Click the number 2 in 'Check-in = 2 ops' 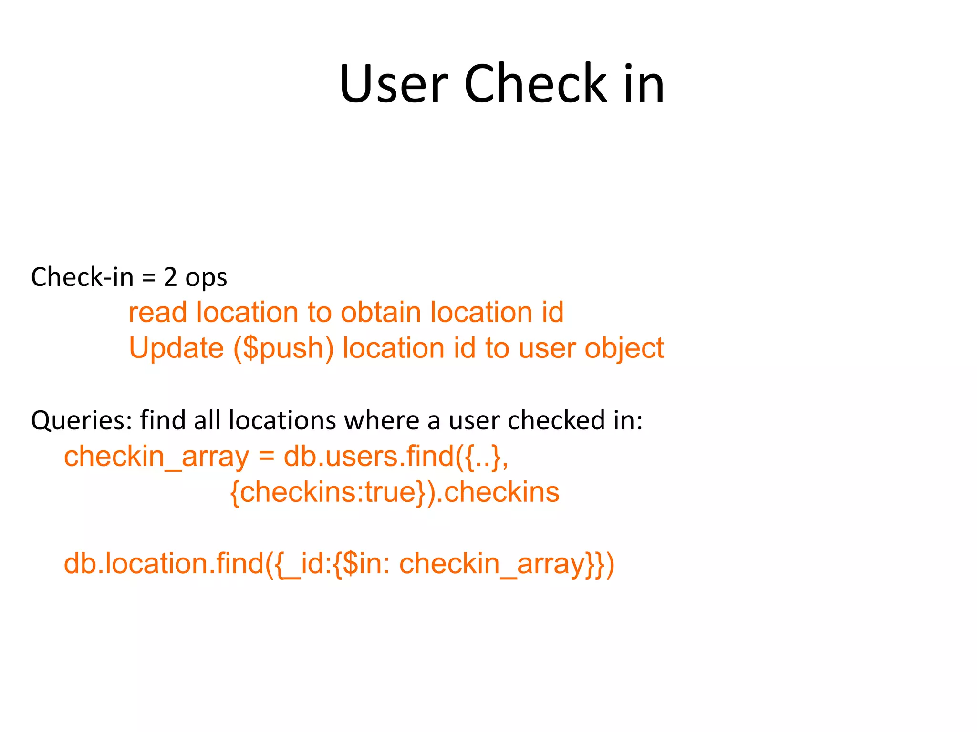pos(170,277)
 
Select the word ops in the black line pos(206,278)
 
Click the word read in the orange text pos(157,313)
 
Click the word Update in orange pos(176,348)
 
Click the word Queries pos(81,421)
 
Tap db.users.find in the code pos(368,456)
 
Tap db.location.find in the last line pos(164,563)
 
